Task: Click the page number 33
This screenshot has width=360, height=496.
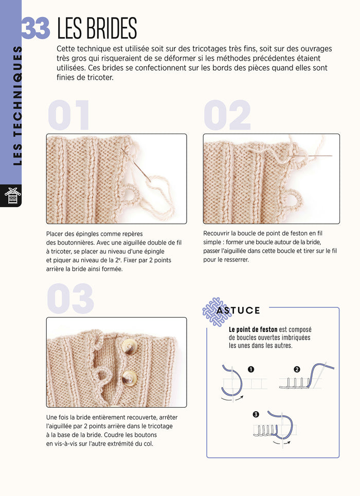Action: (35, 28)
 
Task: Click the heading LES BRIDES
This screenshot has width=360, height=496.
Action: (97, 28)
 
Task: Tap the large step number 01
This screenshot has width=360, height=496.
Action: (69, 116)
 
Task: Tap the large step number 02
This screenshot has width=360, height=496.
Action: (227, 116)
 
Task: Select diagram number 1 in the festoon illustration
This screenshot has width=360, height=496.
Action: (251, 370)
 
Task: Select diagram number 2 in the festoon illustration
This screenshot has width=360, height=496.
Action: (297, 370)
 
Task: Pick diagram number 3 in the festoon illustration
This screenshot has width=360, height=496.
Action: (257, 414)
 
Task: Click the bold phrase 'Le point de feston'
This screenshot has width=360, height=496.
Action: (253, 329)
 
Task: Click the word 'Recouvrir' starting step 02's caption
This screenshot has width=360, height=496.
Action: (219, 233)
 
